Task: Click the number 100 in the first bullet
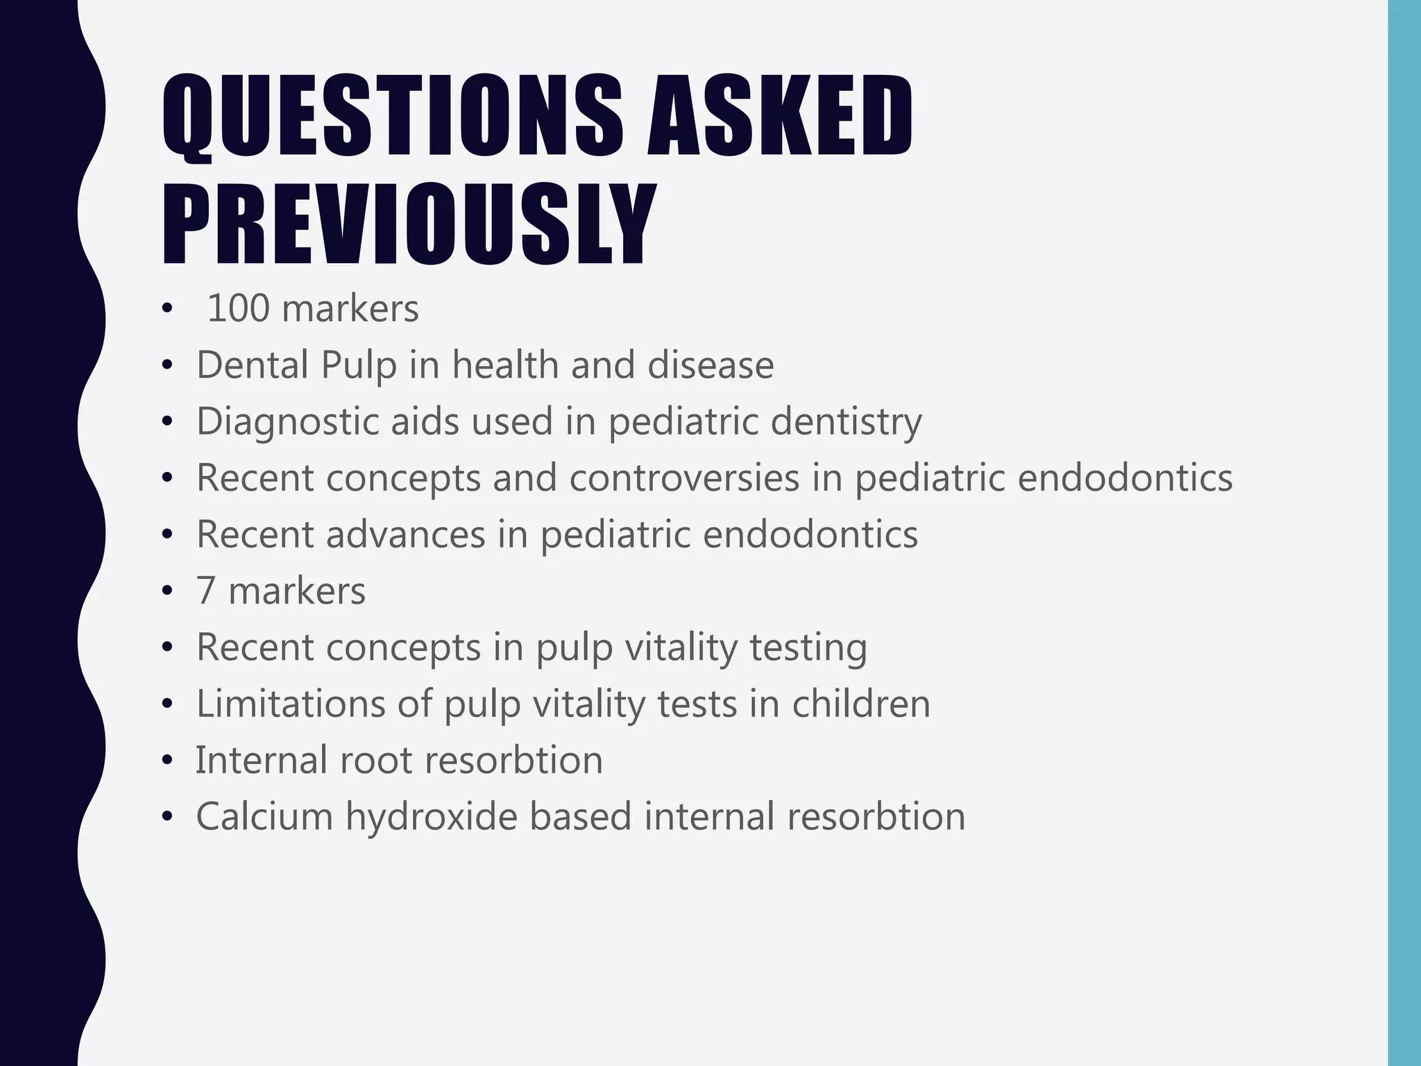coord(238,309)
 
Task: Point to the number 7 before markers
coord(205,591)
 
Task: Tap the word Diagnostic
coord(287,421)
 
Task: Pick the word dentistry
coord(846,423)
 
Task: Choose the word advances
coord(406,534)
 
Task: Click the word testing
coord(808,648)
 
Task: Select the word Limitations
coord(291,704)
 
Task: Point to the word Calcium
coord(264,816)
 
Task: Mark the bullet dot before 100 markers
coord(166,310)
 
